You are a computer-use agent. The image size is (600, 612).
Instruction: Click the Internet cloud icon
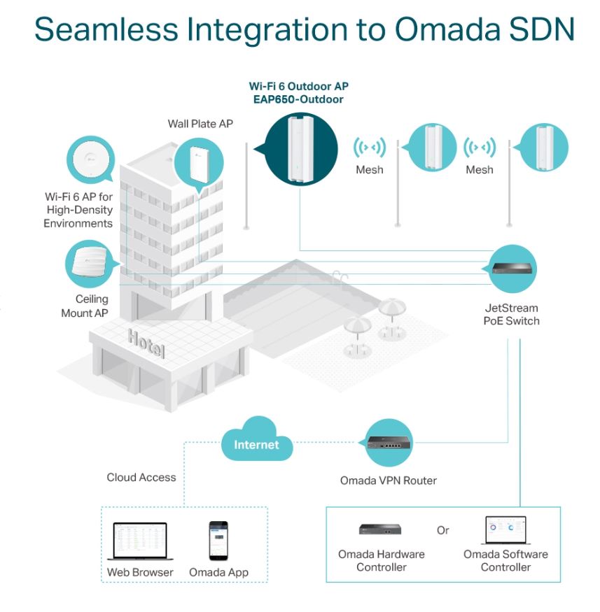pyautogui.click(x=257, y=439)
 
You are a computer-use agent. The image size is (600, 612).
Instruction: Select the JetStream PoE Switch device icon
pyautogui.click(x=512, y=269)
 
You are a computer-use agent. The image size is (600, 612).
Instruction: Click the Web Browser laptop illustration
pyautogui.click(x=140, y=541)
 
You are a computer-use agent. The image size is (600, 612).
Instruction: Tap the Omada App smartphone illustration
pyautogui.click(x=218, y=541)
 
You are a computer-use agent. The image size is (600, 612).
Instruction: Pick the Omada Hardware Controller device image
pyautogui.click(x=380, y=529)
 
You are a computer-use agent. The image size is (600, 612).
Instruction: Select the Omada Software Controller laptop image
pyautogui.click(x=506, y=530)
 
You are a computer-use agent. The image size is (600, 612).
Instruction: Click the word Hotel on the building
pyautogui.click(x=146, y=343)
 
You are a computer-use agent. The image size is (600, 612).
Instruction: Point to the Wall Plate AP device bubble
pyautogui.click(x=199, y=164)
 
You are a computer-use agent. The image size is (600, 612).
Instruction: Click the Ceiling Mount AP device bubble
pyautogui.click(x=90, y=264)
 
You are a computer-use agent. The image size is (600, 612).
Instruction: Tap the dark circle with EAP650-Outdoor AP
pyautogui.click(x=300, y=149)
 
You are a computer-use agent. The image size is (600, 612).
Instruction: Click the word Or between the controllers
pyautogui.click(x=442, y=530)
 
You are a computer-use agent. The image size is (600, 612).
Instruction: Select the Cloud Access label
pyautogui.click(x=141, y=477)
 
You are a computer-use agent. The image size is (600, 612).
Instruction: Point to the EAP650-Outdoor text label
pyautogui.click(x=298, y=99)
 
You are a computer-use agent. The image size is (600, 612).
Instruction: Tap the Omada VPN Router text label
pyautogui.click(x=389, y=481)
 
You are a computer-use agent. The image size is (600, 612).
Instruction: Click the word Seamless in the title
pyautogui.click(x=106, y=29)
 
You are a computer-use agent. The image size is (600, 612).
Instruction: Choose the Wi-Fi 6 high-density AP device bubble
pyautogui.click(x=90, y=159)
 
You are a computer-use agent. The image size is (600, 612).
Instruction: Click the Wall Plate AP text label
pyautogui.click(x=200, y=124)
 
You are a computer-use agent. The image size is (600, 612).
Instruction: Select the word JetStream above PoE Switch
pyautogui.click(x=511, y=308)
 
